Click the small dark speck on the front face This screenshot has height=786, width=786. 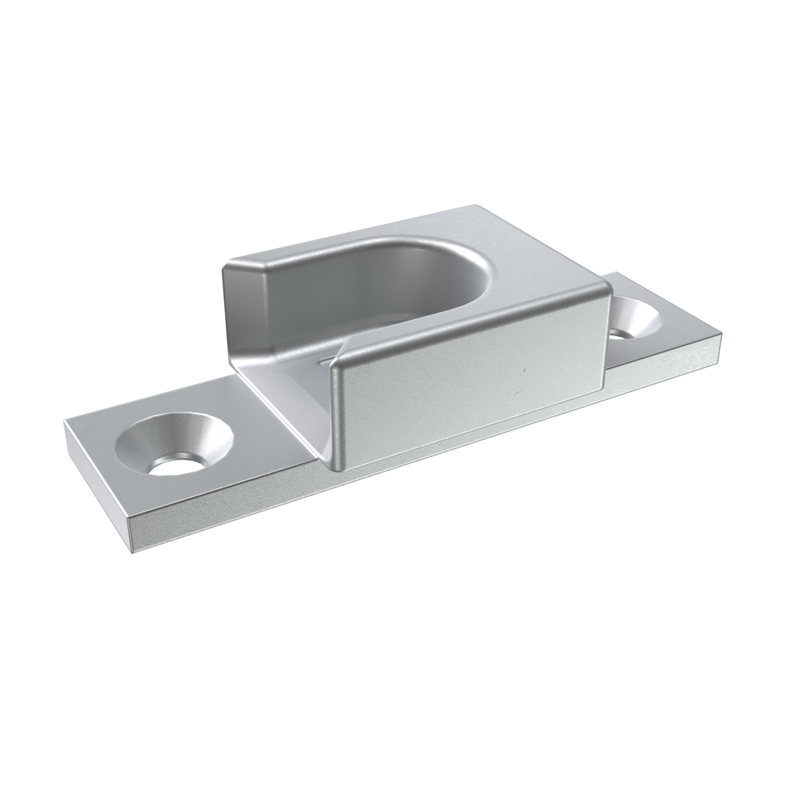[x=524, y=367]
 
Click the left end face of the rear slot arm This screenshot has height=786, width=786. [x=246, y=314]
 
